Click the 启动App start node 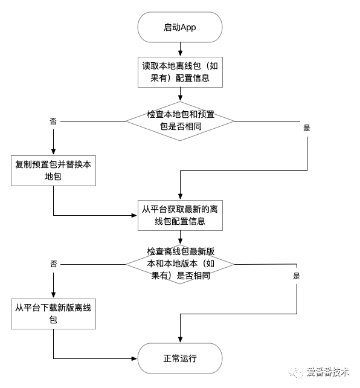(x=179, y=27)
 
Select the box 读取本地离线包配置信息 (x=179, y=72)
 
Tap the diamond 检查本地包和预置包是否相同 (x=179, y=121)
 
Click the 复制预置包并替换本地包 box (x=54, y=171)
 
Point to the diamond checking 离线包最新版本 (x=179, y=264)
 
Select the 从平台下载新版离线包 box (x=54, y=313)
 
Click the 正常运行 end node (x=179, y=358)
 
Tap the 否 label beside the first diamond (x=53, y=121)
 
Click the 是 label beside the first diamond (x=306, y=128)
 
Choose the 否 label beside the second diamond (x=53, y=264)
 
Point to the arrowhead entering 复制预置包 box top (x=54, y=152)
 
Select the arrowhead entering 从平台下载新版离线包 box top (x=54, y=294)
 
